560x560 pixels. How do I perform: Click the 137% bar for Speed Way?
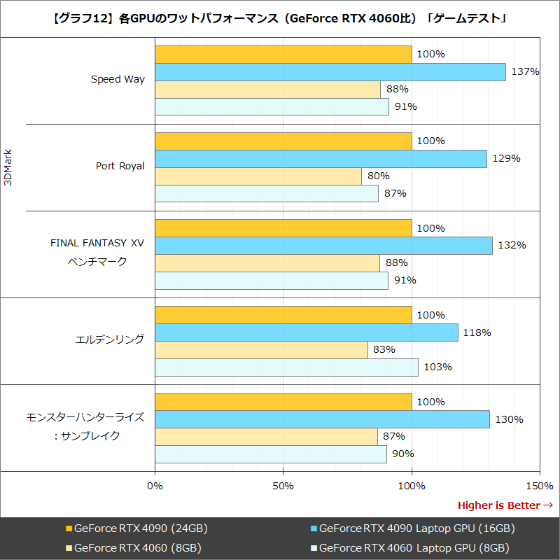coord(330,72)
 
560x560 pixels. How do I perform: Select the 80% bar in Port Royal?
coord(258,176)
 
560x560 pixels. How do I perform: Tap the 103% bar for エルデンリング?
coord(286,367)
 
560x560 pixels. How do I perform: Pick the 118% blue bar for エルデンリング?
coord(306,332)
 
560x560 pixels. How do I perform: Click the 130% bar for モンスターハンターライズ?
coord(321,419)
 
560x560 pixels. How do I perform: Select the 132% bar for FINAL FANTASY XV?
coord(323,246)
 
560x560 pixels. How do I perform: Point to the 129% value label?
coord(506,159)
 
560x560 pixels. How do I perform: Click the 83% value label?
coord(384,350)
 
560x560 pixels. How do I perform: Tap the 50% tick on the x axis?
coord(283,486)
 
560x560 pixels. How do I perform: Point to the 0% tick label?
coord(155,486)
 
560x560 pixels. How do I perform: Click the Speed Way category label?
coord(118,80)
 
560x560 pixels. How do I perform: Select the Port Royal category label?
coord(120,167)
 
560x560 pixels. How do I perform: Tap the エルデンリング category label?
coord(110,339)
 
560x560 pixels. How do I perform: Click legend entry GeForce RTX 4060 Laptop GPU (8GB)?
coord(413,547)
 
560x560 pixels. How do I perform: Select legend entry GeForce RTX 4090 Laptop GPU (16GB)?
coord(416,528)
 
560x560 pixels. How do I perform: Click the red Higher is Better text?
coord(498,505)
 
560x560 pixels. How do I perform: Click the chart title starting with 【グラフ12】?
coord(280,19)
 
